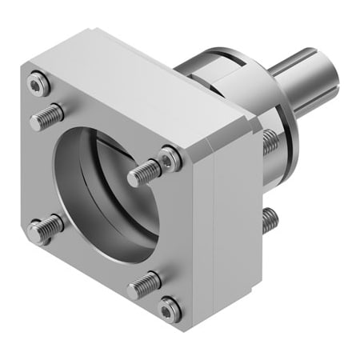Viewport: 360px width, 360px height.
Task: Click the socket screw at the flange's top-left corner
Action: click(x=38, y=82)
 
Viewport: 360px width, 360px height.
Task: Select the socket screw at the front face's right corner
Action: click(x=169, y=160)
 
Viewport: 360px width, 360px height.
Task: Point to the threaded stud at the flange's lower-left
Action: click(x=46, y=230)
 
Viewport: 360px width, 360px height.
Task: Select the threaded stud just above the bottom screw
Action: click(x=144, y=282)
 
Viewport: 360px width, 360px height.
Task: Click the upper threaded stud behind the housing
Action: click(x=270, y=142)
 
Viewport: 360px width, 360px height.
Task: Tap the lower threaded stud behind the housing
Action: click(x=270, y=218)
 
